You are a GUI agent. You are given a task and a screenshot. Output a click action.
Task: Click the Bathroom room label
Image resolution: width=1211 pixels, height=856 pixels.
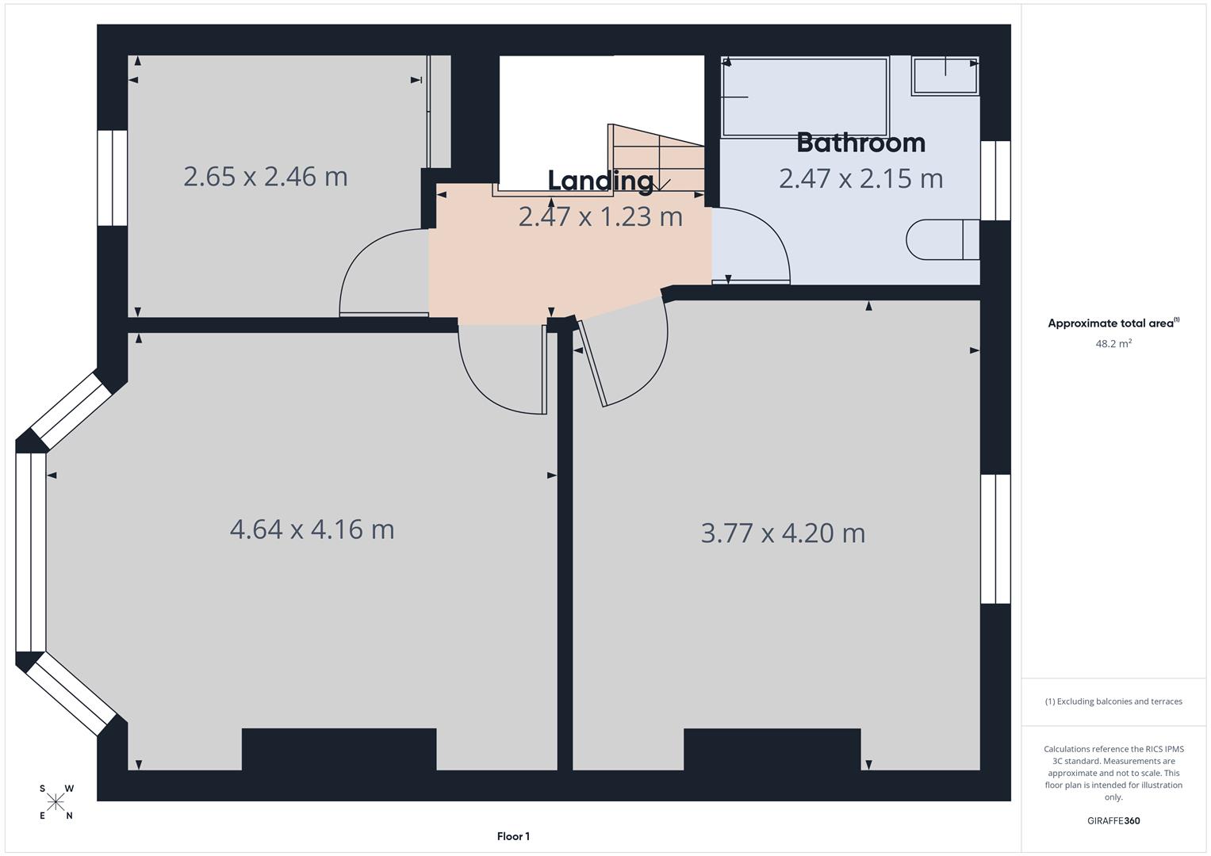[x=860, y=143]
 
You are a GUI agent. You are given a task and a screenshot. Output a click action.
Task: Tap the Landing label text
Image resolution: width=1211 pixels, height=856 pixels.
[x=600, y=181]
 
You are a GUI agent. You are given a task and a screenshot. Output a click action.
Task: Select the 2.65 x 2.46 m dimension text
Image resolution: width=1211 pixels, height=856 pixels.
[x=265, y=176]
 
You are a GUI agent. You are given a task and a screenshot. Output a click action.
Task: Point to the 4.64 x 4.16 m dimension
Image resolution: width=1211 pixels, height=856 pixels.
[x=312, y=529]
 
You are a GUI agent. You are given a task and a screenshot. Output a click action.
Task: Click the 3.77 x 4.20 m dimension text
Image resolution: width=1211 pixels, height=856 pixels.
[x=783, y=533]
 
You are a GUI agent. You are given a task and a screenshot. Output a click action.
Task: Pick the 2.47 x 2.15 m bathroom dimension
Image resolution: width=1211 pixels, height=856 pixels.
[x=860, y=178]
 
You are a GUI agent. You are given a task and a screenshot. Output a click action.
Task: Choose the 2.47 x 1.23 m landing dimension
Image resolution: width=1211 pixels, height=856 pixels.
[x=600, y=216]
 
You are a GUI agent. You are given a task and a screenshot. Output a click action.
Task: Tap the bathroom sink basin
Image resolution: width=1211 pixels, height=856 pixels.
[x=945, y=75]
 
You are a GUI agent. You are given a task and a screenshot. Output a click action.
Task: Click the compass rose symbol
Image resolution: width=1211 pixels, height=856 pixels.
[x=56, y=802]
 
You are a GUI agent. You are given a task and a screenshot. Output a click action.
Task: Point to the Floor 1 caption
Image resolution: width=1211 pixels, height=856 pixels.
[x=513, y=836]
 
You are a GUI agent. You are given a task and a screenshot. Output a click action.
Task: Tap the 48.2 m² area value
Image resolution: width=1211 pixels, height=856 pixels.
[x=1113, y=344]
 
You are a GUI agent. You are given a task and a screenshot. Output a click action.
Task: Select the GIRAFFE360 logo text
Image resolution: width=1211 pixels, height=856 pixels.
[x=1113, y=821]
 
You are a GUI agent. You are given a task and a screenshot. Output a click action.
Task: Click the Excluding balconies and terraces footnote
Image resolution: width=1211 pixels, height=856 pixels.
[x=1113, y=701]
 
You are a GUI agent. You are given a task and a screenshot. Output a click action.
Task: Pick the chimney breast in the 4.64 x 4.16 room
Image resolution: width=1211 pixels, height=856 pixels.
[x=339, y=749]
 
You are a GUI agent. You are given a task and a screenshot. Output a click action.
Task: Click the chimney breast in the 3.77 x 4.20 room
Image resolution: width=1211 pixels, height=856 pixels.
[x=772, y=749]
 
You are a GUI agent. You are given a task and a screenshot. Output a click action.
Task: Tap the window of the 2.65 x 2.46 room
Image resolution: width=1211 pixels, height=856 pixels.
[x=113, y=178]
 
